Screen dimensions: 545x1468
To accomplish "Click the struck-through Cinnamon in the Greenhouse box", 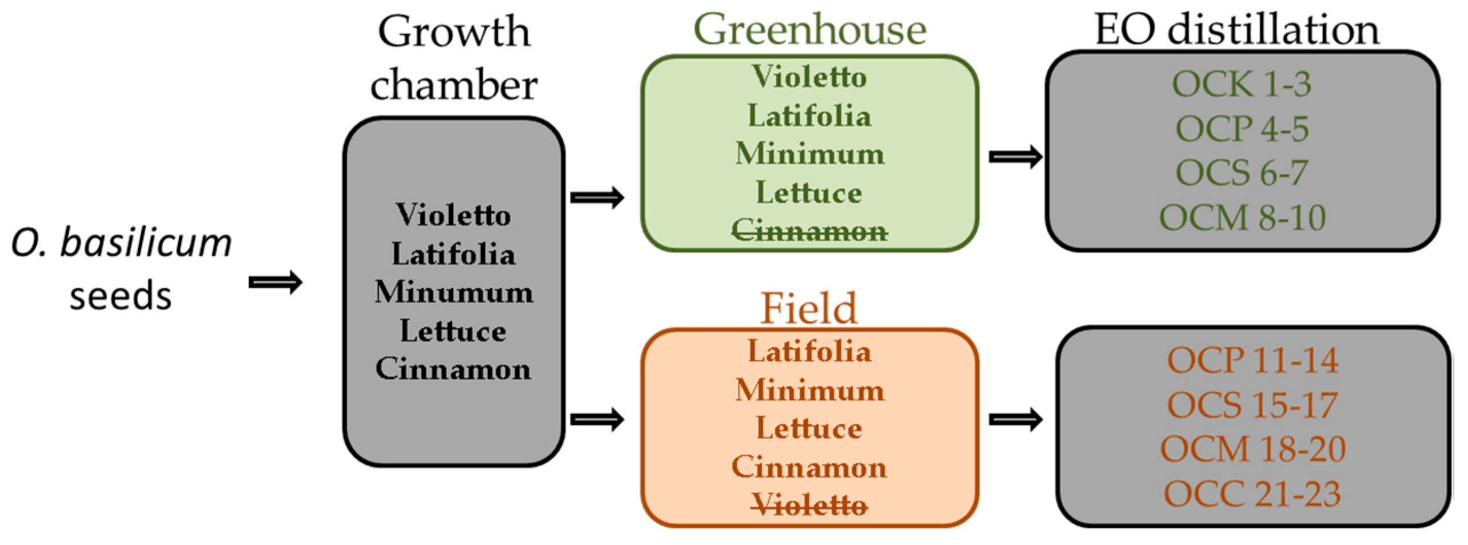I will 809,231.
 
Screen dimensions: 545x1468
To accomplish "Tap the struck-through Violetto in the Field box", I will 809,505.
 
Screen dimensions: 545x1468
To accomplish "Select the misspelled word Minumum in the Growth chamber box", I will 454,292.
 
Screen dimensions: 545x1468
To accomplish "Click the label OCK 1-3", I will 1242,84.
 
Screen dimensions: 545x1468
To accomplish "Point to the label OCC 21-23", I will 1252,494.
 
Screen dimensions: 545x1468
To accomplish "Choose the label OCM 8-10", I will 1242,218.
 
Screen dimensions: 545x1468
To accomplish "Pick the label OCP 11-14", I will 1252,360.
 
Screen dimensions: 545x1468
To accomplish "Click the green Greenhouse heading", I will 809,30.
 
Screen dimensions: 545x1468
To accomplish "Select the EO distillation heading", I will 1236,30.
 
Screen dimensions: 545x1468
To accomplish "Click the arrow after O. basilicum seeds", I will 276,283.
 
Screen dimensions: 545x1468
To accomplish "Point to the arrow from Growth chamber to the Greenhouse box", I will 597,198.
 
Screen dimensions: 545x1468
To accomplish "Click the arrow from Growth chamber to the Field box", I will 597,420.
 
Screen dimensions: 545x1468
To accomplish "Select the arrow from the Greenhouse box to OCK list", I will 1015,157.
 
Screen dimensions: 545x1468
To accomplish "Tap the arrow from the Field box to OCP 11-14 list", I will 1015,420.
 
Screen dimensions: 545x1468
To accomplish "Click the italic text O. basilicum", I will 121,242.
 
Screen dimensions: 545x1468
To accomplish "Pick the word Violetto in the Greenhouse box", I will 809,77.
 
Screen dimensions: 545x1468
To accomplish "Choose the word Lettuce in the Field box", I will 809,428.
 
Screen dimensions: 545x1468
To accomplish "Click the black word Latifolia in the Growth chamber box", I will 454,254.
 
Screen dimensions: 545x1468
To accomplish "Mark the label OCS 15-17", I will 1252,405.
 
